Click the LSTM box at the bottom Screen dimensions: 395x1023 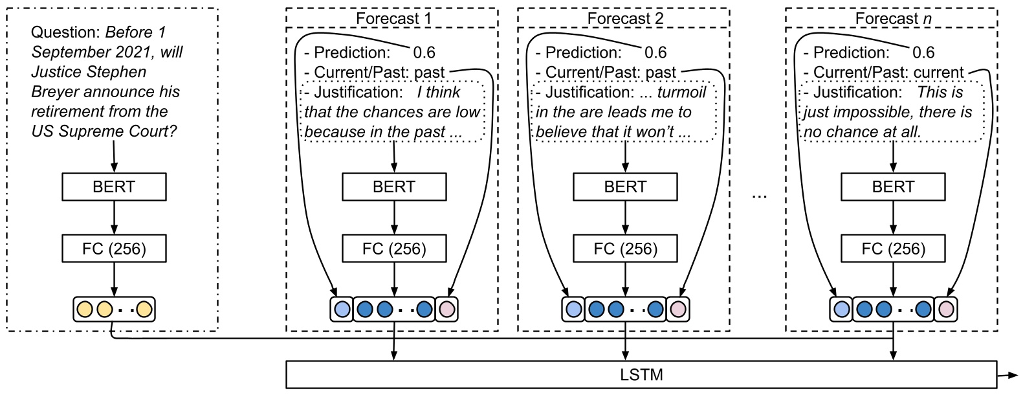pos(641,374)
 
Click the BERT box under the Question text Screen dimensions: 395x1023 pos(114,186)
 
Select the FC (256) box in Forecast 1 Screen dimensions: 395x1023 pos(394,249)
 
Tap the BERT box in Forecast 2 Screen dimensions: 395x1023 pos(625,186)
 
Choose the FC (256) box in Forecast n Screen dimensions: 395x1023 pos(893,249)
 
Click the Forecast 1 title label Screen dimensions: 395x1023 pos(393,19)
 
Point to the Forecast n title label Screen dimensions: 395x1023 pos(893,19)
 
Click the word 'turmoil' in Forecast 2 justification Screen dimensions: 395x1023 pos(681,92)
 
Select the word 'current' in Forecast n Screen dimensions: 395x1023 pos(938,73)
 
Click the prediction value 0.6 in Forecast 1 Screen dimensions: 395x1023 pos(424,52)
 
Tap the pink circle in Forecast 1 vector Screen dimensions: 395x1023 pos(446,309)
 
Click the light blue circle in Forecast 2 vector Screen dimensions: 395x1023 pos(573,309)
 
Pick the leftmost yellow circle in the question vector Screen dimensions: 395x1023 pos(85,309)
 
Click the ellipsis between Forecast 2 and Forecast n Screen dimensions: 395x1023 pos(760,194)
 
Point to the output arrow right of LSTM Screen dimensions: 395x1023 pos(1007,374)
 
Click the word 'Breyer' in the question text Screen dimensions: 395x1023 pos(56,92)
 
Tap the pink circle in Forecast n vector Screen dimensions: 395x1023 pos(946,309)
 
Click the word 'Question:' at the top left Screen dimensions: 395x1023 pos(65,32)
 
